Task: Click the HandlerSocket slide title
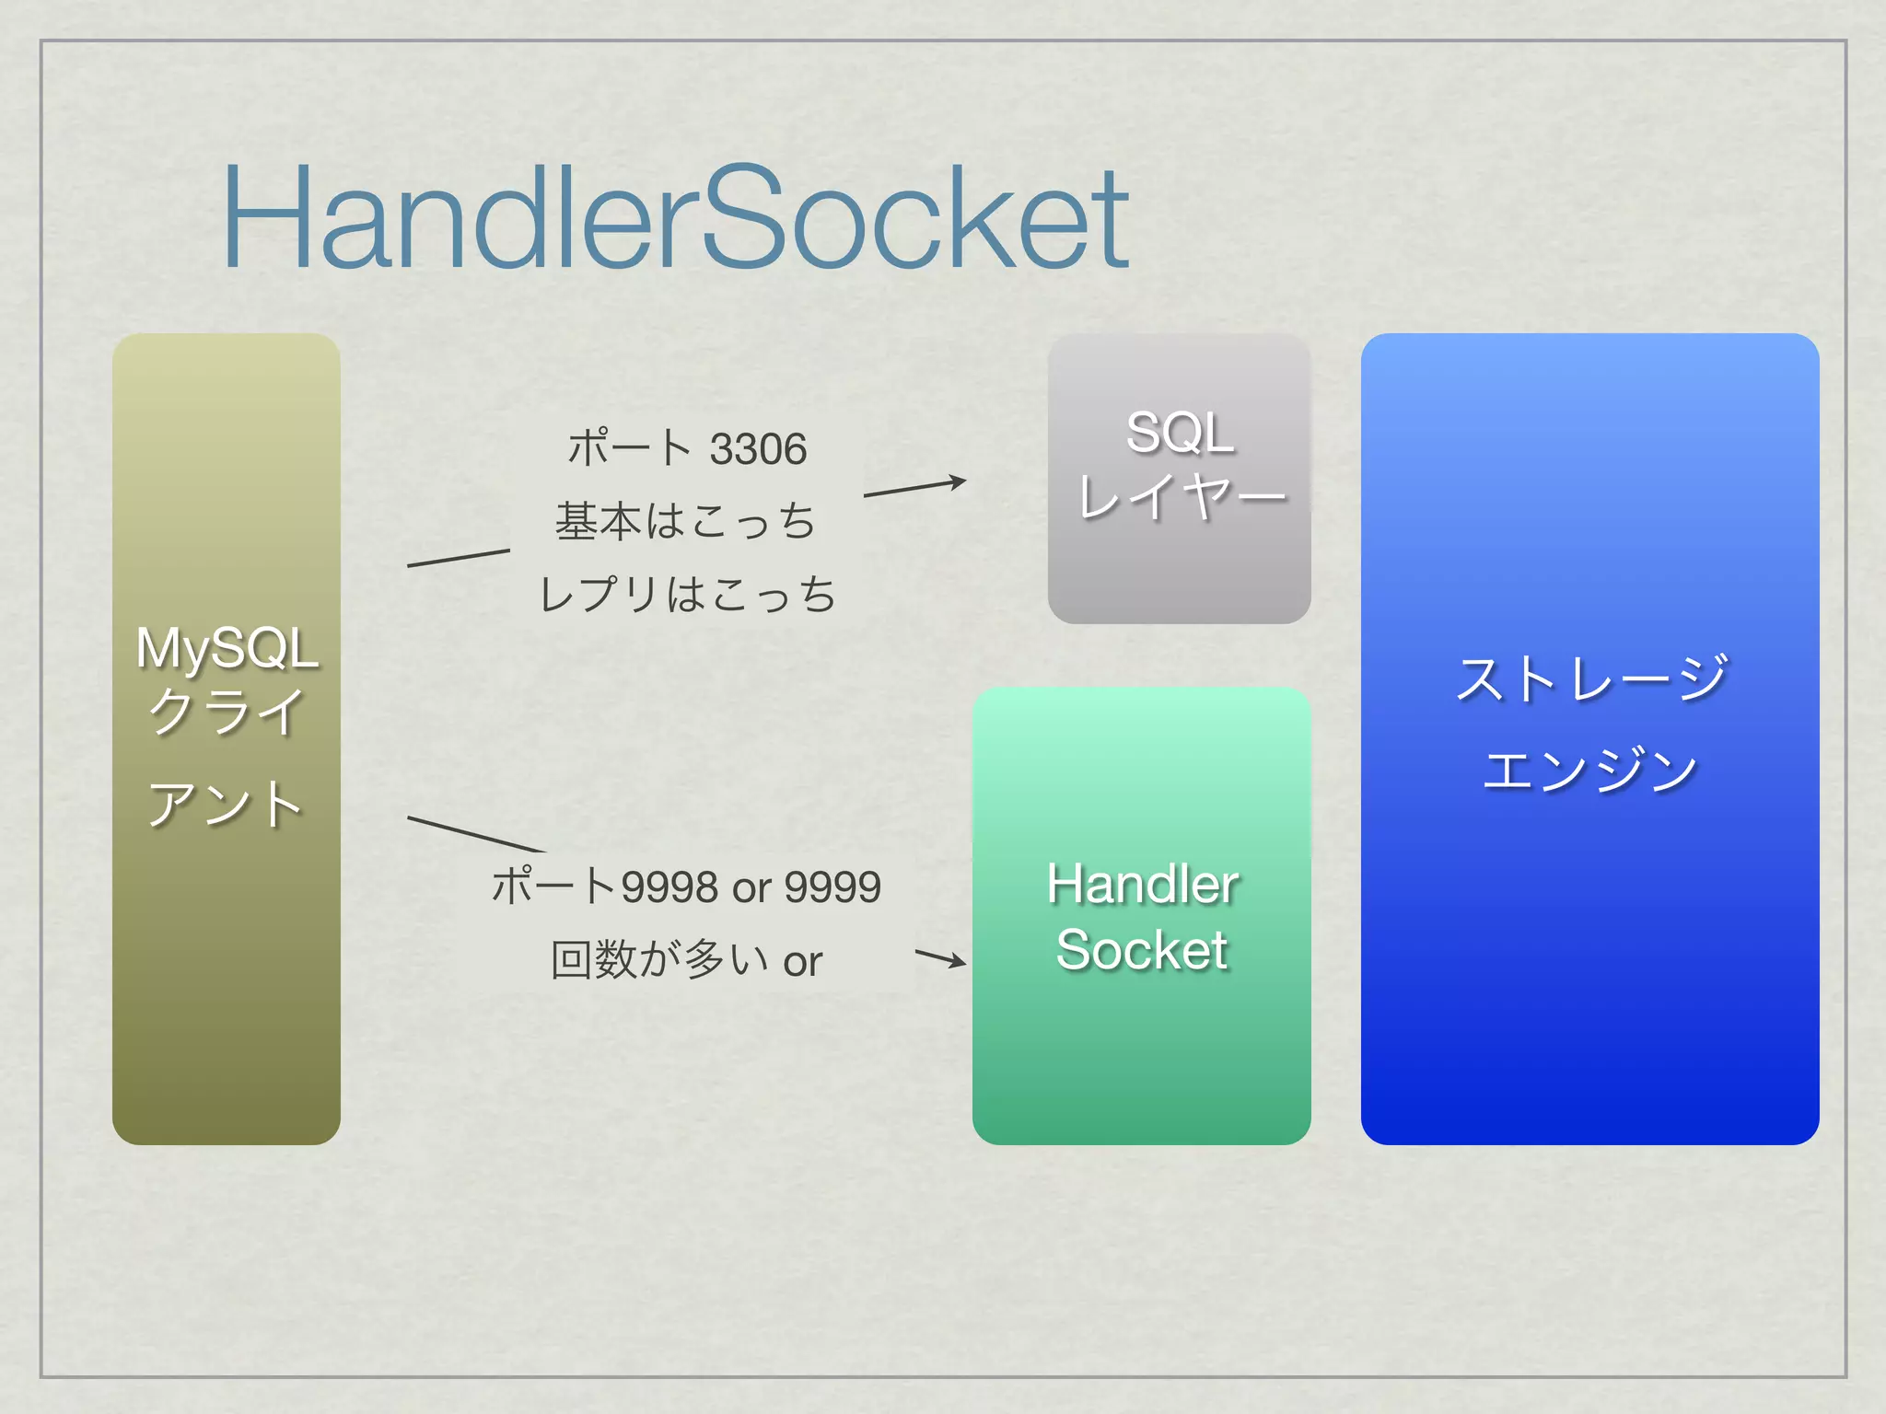click(x=675, y=218)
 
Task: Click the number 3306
click(x=758, y=450)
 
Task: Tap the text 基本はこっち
click(x=685, y=522)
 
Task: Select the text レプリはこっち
click(x=687, y=594)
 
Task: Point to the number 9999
click(x=832, y=887)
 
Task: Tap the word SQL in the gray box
click(x=1180, y=432)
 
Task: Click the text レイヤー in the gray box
click(x=1182, y=498)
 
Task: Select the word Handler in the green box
click(x=1142, y=885)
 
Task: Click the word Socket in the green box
click(x=1142, y=950)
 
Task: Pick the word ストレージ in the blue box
click(x=1590, y=679)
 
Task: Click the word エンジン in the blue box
click(x=1590, y=770)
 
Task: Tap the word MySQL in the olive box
click(x=227, y=648)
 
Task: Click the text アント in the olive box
click(x=227, y=805)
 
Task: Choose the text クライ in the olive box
click(x=227, y=712)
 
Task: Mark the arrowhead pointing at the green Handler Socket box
click(x=958, y=962)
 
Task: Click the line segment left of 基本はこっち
click(x=458, y=558)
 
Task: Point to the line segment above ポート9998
click(x=475, y=834)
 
